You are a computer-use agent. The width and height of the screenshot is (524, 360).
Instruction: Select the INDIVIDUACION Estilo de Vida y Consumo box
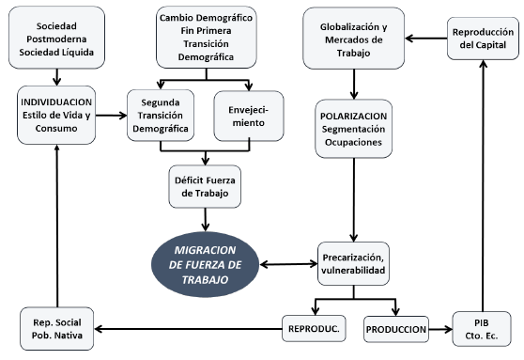pyautogui.click(x=55, y=115)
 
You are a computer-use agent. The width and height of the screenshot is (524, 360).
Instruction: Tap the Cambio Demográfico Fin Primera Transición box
pyautogui.click(x=208, y=37)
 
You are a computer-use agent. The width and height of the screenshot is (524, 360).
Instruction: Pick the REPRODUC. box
pyautogui.click(x=315, y=329)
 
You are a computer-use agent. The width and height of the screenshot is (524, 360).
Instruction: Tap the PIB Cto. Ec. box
pyautogui.click(x=483, y=329)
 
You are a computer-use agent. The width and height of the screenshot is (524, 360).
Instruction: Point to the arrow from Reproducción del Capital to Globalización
pyautogui.click(x=422, y=39)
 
